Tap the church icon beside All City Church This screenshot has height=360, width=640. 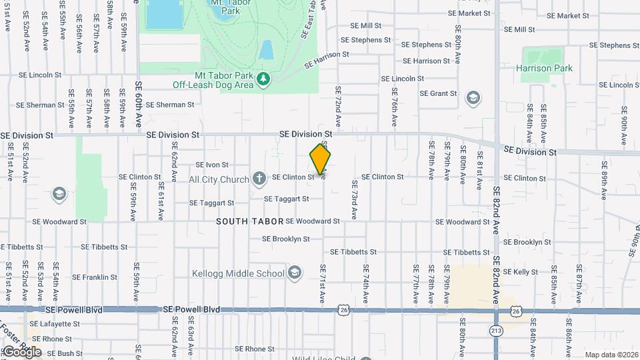pyautogui.click(x=259, y=179)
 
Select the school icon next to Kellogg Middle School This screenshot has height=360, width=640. pyautogui.click(x=295, y=273)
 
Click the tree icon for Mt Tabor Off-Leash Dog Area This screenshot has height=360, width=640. pyautogui.click(x=264, y=79)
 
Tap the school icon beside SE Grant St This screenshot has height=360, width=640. pyautogui.click(x=473, y=99)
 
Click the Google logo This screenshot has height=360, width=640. pyautogui.click(x=21, y=351)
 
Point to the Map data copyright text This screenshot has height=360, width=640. pyautogui.click(x=611, y=355)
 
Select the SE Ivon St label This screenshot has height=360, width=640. pyautogui.click(x=212, y=165)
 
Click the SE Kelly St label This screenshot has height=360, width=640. pyautogui.click(x=521, y=272)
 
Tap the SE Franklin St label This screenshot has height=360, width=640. pyautogui.click(x=95, y=277)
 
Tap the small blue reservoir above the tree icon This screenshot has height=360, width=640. pyautogui.click(x=266, y=50)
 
